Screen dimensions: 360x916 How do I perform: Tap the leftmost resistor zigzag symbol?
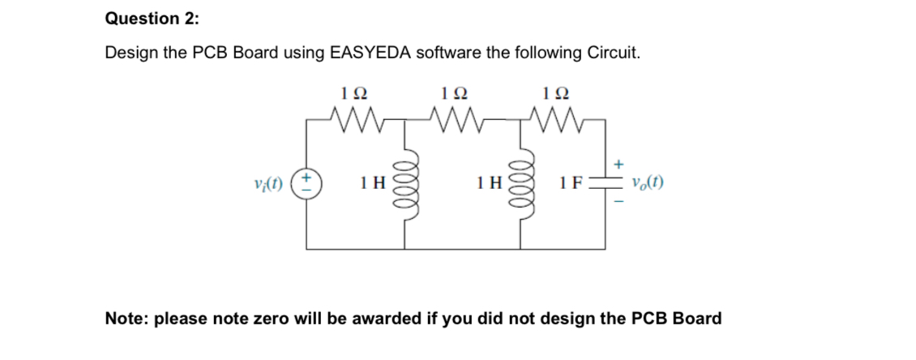(354, 122)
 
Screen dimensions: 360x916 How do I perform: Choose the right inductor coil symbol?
(524, 184)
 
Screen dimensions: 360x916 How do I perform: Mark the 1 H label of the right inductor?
(490, 184)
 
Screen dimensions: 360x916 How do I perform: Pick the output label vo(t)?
(647, 183)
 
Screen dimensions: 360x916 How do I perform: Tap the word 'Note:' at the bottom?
(127, 319)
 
